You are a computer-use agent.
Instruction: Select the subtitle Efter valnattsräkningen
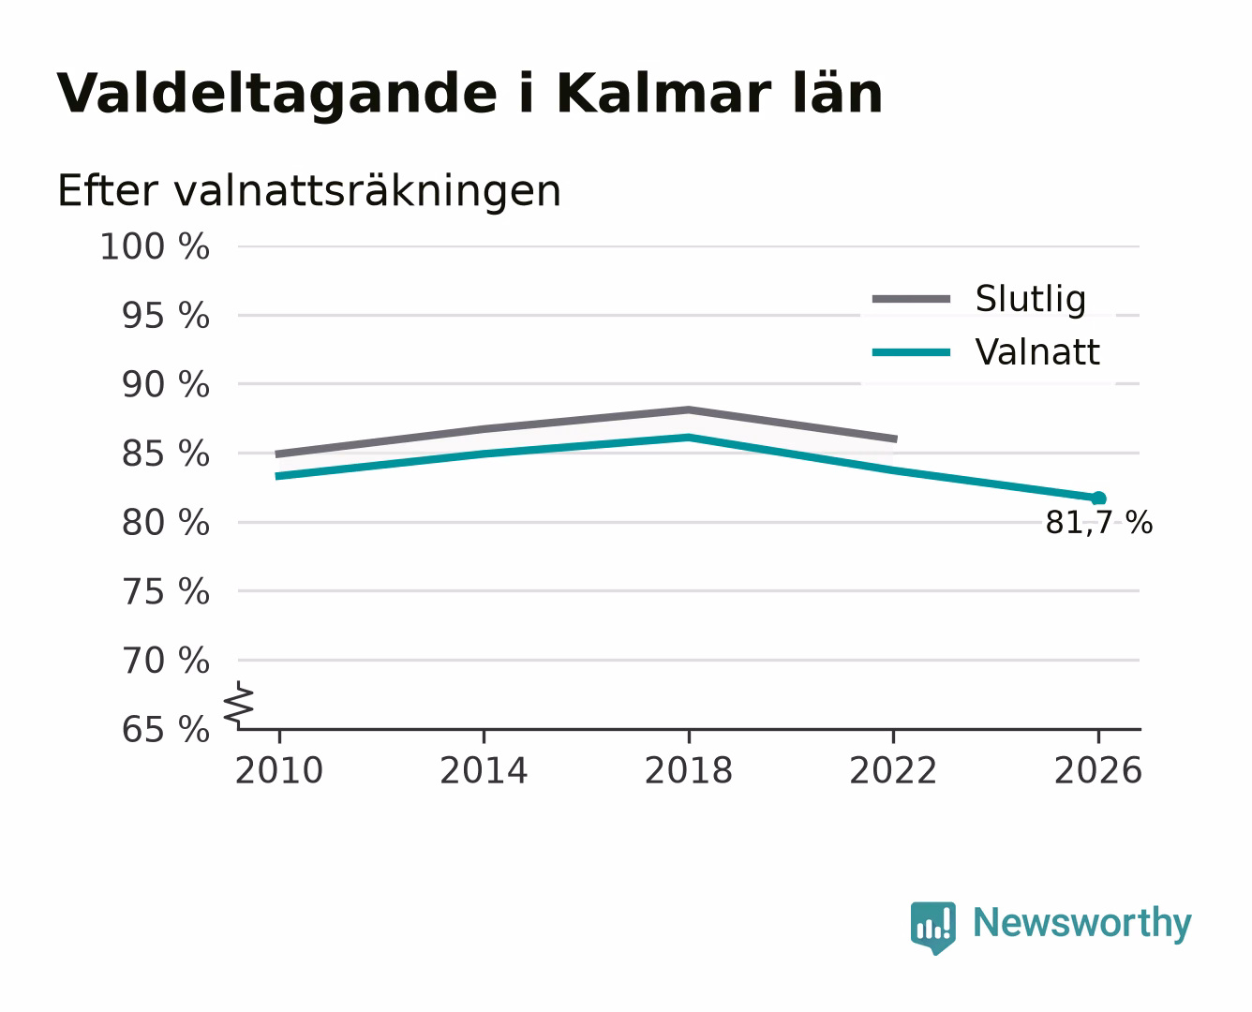click(309, 191)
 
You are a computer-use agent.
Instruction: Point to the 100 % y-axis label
click(155, 246)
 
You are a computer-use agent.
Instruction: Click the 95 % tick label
click(165, 316)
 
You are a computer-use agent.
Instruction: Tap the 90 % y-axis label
click(165, 385)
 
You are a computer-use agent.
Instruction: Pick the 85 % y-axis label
click(165, 454)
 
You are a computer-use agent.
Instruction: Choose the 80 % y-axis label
click(165, 523)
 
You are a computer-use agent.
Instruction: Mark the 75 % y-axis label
click(165, 591)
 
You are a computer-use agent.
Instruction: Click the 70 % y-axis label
click(165, 661)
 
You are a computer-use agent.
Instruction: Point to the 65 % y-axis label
click(165, 729)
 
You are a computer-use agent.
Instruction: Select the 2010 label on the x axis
click(279, 770)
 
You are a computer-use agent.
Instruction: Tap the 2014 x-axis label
click(484, 770)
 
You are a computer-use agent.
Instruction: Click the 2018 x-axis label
click(689, 770)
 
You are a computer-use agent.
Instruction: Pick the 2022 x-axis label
click(893, 770)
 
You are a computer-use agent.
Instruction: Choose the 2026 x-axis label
click(1098, 770)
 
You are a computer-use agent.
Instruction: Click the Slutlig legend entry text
click(1031, 299)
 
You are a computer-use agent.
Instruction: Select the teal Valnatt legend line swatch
click(911, 352)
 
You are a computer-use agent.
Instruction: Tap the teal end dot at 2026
click(1098, 499)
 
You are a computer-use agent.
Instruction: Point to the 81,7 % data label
click(1098, 523)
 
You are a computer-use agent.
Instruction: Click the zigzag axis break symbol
click(239, 706)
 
